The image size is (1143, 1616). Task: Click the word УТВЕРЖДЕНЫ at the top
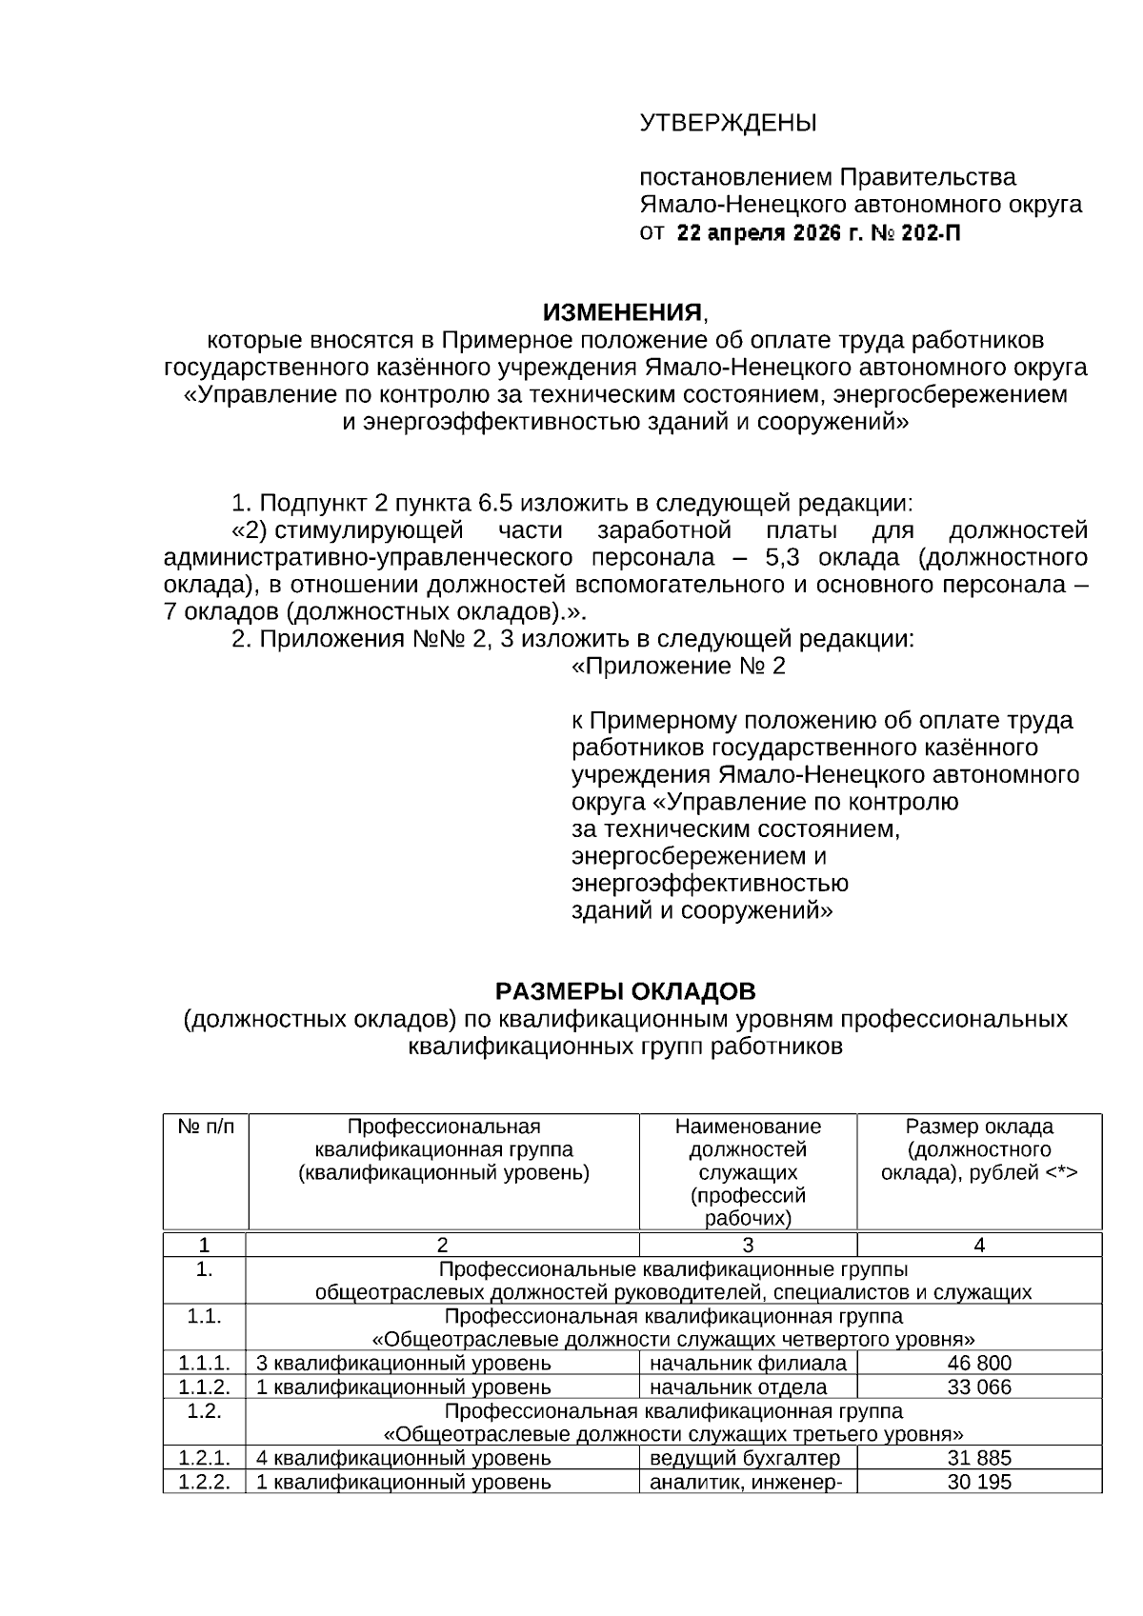click(x=728, y=124)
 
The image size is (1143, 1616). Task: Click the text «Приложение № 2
click(x=678, y=667)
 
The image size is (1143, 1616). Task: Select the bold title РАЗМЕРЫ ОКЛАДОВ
click(x=626, y=992)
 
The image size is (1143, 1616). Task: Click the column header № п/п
click(x=205, y=1127)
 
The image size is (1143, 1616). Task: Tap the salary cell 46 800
click(x=979, y=1364)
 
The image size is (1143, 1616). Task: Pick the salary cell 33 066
click(x=979, y=1387)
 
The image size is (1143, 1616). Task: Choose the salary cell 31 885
click(x=979, y=1458)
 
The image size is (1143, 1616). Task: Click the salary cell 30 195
click(x=979, y=1483)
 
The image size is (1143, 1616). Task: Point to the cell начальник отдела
click(x=738, y=1387)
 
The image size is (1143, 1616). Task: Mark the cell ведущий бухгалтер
click(x=745, y=1458)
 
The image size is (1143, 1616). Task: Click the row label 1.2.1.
click(x=204, y=1458)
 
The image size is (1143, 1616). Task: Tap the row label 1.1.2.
click(x=204, y=1387)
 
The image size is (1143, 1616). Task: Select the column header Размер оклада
click(x=979, y=1127)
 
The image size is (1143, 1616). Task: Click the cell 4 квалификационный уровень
click(x=404, y=1458)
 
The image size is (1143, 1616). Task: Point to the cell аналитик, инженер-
click(x=746, y=1483)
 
